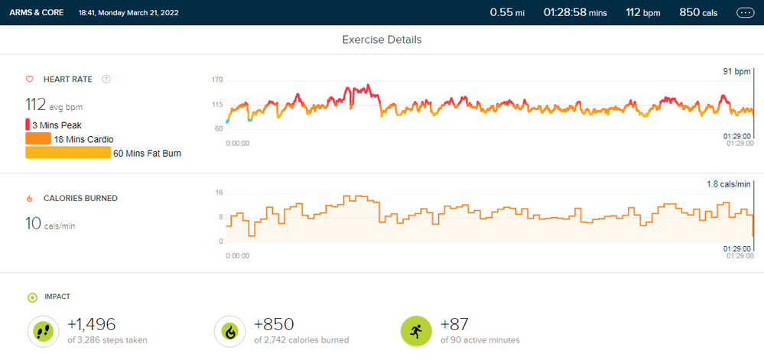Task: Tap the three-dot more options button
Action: [x=745, y=13]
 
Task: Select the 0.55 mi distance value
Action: [x=508, y=12]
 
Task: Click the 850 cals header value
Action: [x=700, y=12]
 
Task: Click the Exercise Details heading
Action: [x=382, y=39]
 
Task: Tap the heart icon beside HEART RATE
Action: [x=30, y=79]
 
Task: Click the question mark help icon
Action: [x=106, y=79]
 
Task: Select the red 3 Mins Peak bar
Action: [x=28, y=125]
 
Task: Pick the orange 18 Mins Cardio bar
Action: [x=38, y=138]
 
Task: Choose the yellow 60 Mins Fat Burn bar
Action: [x=68, y=152]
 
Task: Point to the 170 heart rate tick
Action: [x=217, y=79]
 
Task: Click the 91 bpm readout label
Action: [x=737, y=72]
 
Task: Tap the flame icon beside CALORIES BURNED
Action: [x=30, y=198]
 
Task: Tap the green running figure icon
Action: [x=415, y=330]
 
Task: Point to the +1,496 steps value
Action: [x=91, y=324]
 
